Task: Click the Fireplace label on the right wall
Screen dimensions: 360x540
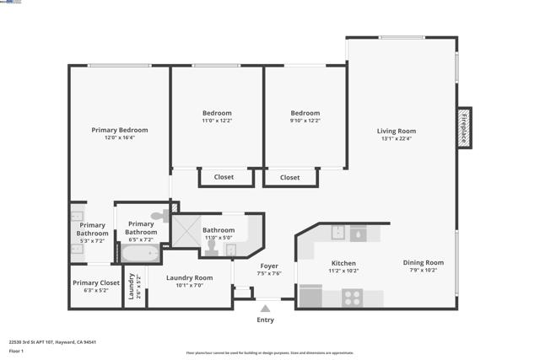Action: (x=463, y=128)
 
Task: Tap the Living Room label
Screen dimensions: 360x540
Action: (x=396, y=131)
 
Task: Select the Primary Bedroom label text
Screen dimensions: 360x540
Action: (x=120, y=130)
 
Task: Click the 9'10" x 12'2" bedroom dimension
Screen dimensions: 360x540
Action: (x=305, y=121)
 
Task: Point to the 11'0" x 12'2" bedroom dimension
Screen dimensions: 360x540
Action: (x=216, y=121)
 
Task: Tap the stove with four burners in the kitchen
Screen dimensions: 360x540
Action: (x=352, y=298)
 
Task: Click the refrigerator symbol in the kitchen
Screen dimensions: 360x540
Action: (x=310, y=297)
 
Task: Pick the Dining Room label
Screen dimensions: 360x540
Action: (x=423, y=262)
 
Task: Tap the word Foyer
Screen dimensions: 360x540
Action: (x=269, y=266)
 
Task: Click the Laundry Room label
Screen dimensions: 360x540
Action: (x=189, y=277)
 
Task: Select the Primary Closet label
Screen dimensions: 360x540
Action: (x=96, y=282)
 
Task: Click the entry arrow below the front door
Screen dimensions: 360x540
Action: (x=265, y=309)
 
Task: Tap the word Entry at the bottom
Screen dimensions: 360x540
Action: (x=265, y=320)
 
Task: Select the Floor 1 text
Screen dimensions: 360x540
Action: (x=15, y=351)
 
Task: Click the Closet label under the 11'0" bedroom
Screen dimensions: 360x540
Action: (x=224, y=177)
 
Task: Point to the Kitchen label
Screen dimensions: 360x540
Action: (x=343, y=263)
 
